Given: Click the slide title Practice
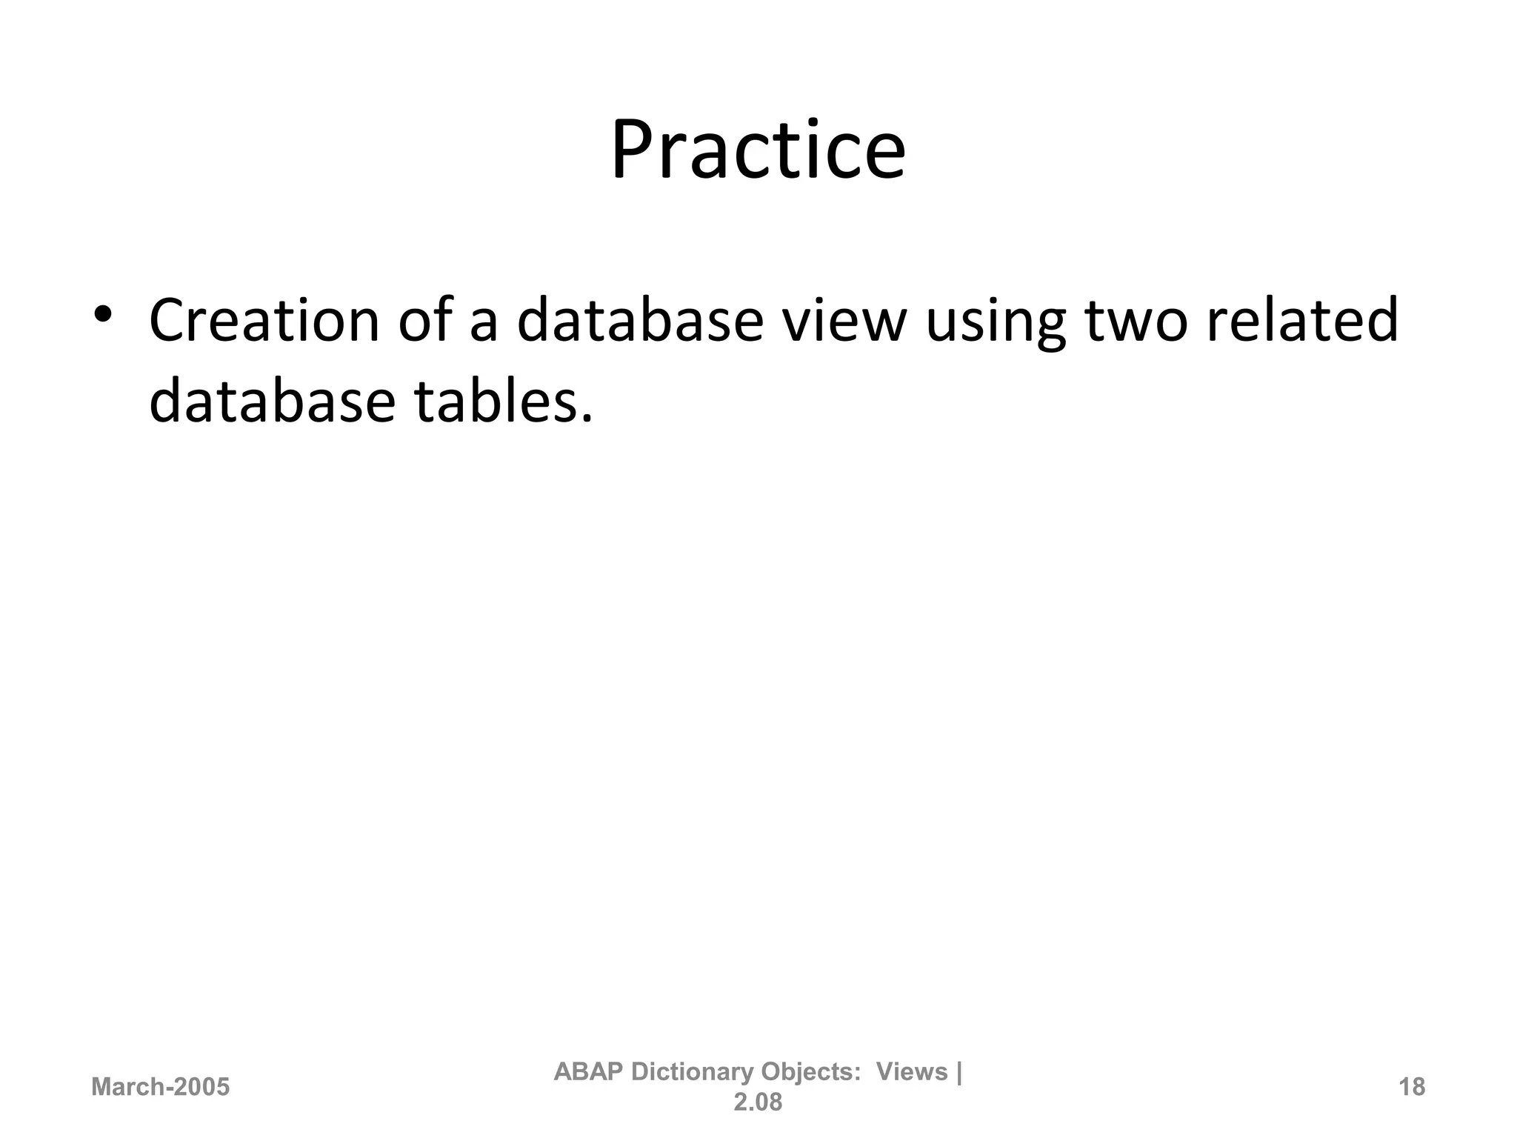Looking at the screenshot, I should click(x=758, y=151).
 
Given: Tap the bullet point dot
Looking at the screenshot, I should click(x=102, y=314).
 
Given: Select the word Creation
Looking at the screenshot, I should click(x=264, y=321).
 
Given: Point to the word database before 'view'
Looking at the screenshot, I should click(x=639, y=321).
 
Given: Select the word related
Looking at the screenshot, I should click(x=1302, y=321).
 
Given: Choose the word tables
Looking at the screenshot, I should click(x=504, y=401).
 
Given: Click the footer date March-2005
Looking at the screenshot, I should click(x=160, y=1087).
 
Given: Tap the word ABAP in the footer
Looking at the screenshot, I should click(x=588, y=1071).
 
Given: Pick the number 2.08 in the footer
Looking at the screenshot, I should click(x=758, y=1102).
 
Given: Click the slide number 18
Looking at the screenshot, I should click(x=1412, y=1087).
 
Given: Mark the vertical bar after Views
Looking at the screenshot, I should click(x=959, y=1072).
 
